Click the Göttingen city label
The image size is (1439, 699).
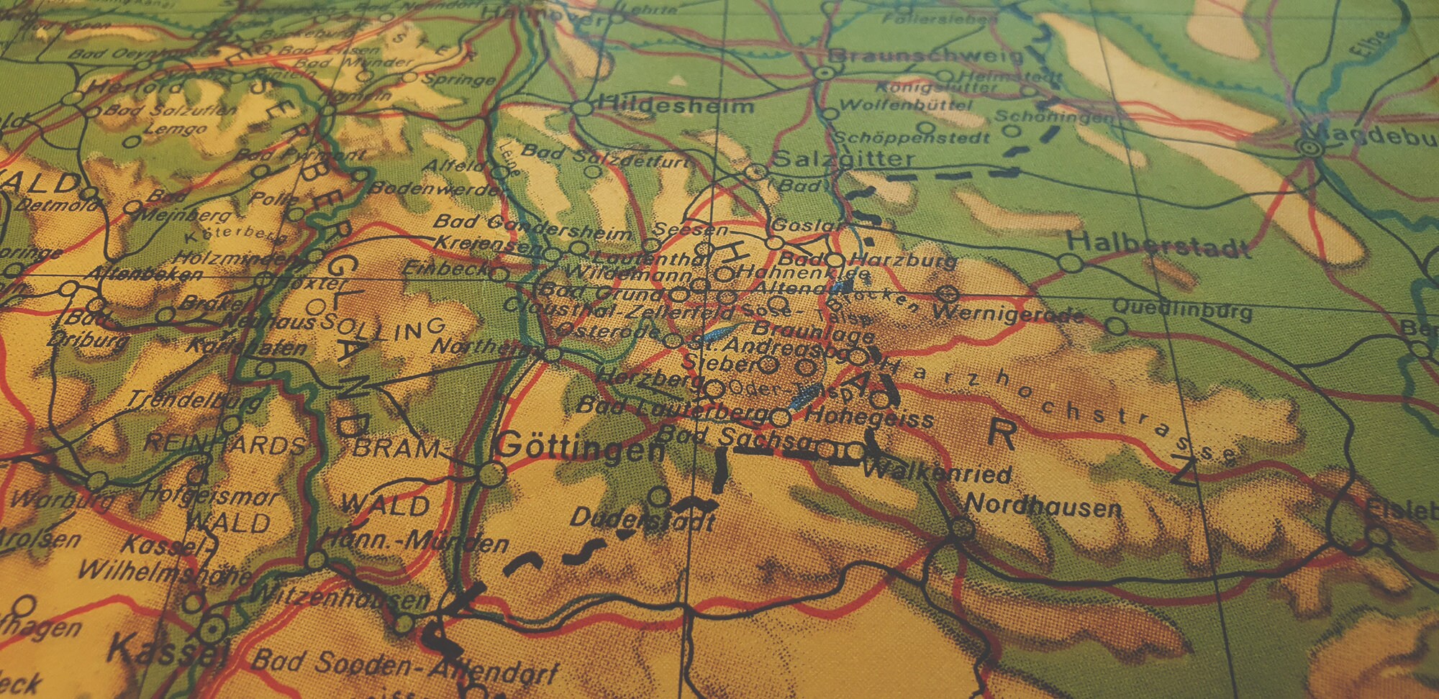[x=581, y=449]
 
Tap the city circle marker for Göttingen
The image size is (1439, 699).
[x=491, y=474]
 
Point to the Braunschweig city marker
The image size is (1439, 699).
[x=825, y=72]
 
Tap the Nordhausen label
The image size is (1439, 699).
[x=1043, y=506]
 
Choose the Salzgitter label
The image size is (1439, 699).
[x=843, y=159]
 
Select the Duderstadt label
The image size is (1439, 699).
[x=643, y=519]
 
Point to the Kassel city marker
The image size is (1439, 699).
[x=212, y=631]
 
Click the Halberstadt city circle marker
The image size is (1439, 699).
[x=1071, y=263]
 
